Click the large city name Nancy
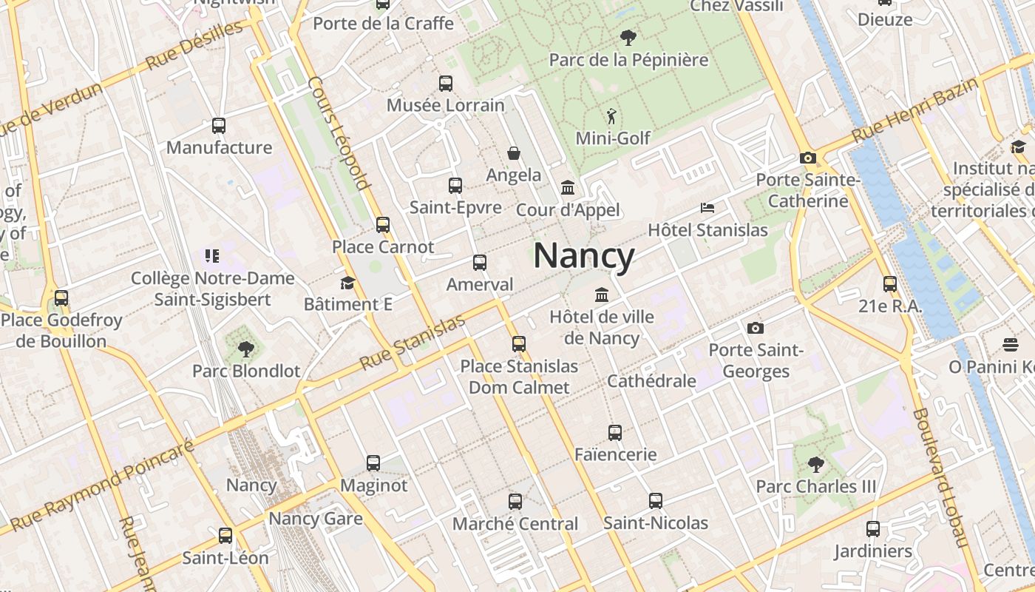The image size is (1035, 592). click(x=584, y=256)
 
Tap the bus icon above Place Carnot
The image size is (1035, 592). click(x=382, y=224)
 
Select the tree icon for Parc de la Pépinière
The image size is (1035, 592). click(x=628, y=36)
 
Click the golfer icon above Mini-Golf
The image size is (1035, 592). click(x=611, y=116)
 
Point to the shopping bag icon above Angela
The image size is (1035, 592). click(x=514, y=153)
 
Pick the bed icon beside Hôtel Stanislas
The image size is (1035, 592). click(x=707, y=208)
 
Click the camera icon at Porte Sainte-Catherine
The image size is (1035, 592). click(x=807, y=158)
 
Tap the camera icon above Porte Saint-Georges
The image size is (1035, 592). click(x=755, y=328)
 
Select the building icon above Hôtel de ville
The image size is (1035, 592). click(x=602, y=295)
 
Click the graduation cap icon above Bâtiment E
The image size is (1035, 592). click(x=347, y=283)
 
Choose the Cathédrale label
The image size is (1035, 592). click(x=651, y=381)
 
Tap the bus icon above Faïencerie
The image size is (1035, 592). click(x=615, y=433)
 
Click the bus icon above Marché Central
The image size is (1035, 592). click(x=515, y=502)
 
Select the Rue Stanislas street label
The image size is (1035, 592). click(x=413, y=343)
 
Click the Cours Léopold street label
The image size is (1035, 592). click(x=339, y=133)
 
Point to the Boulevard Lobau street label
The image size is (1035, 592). click(x=940, y=477)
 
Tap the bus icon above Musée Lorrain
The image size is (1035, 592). click(x=445, y=84)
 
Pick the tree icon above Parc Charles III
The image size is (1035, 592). click(x=815, y=465)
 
